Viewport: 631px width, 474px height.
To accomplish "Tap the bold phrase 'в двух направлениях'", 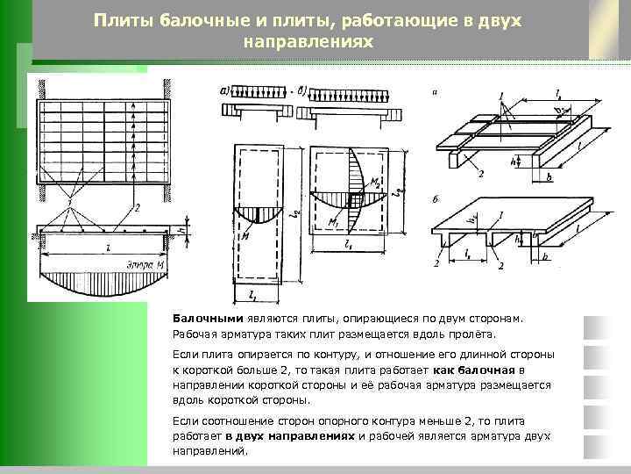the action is pos(288,436).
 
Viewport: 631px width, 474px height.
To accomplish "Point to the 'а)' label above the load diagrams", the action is pos(225,90).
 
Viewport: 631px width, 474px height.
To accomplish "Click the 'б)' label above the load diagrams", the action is pos(303,90).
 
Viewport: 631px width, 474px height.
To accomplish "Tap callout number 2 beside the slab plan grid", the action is pos(138,208).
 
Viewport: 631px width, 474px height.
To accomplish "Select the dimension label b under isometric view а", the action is pos(549,176).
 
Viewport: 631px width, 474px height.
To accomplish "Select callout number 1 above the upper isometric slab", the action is pos(500,96).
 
